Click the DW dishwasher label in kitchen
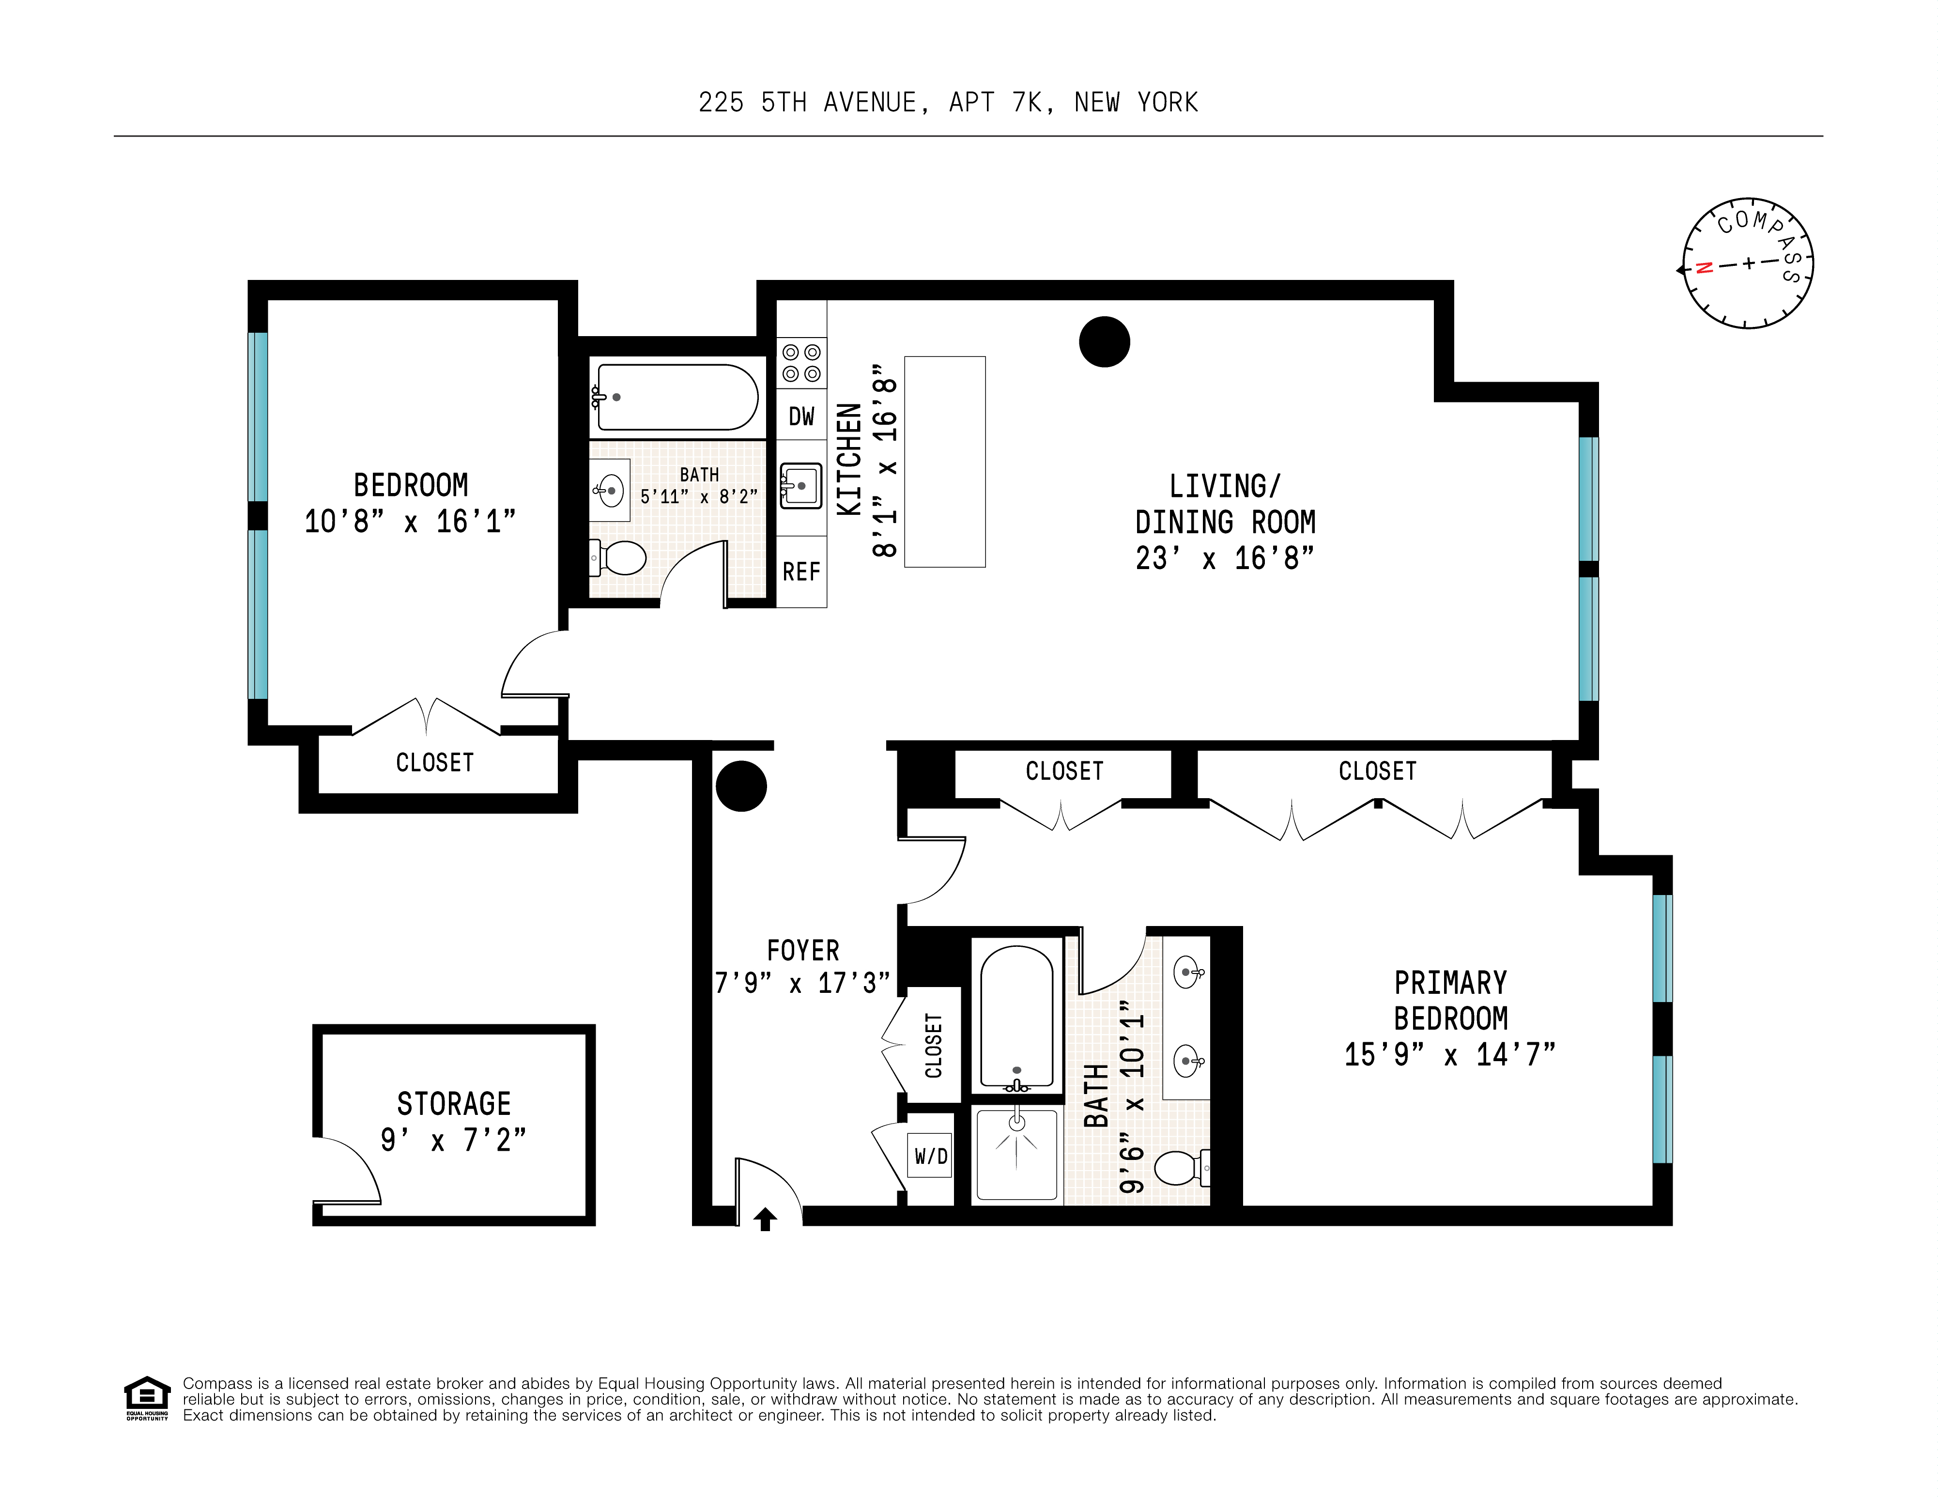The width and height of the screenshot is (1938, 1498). point(801,416)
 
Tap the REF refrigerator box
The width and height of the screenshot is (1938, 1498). point(801,571)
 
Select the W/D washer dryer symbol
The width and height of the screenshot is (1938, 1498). point(931,1156)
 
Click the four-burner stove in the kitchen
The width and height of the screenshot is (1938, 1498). point(801,363)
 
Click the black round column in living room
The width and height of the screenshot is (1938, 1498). point(1104,341)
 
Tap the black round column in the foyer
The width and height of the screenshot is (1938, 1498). point(741,786)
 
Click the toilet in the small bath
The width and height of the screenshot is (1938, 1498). point(621,558)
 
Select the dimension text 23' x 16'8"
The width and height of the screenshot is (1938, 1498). point(1225,558)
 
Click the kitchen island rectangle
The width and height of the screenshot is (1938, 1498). point(944,462)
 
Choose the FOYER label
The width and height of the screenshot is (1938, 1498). point(802,950)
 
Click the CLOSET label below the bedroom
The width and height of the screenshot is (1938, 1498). point(435,762)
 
